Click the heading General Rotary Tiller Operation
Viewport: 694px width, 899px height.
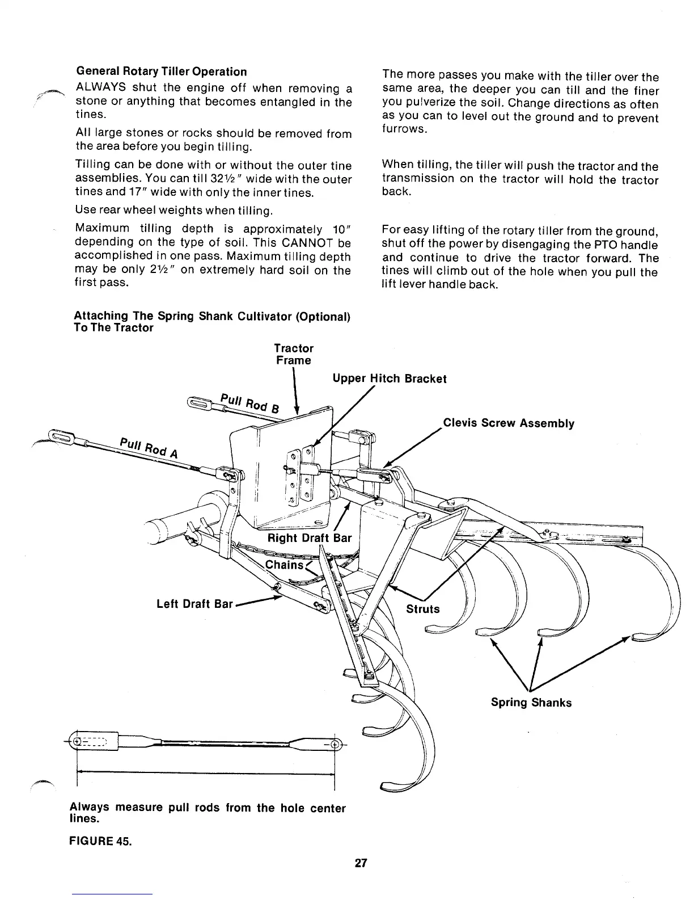161,72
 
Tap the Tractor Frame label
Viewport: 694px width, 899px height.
293,354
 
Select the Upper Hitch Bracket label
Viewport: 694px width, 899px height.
389,379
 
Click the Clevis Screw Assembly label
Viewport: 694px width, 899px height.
508,423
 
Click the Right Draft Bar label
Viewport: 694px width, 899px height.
310,537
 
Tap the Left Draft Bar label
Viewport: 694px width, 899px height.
194,604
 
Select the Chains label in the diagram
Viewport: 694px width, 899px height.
285,565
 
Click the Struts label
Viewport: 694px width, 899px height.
422,609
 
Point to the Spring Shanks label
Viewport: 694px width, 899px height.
531,703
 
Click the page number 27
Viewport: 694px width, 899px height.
361,863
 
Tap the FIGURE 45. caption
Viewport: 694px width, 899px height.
100,841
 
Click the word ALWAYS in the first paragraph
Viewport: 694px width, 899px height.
100,89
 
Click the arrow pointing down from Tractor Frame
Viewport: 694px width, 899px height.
295,392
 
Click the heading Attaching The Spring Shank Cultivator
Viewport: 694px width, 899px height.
212,322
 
